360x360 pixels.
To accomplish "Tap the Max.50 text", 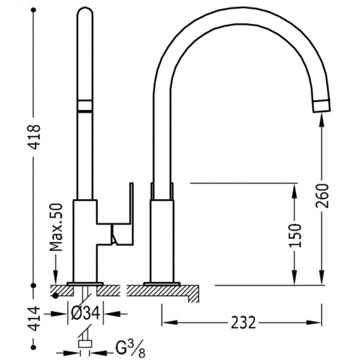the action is point(56,227).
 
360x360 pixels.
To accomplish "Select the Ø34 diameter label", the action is point(86,313).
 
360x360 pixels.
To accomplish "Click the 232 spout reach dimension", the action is point(243,322).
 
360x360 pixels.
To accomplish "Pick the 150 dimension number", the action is point(295,235).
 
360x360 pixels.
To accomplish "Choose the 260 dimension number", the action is point(322,196).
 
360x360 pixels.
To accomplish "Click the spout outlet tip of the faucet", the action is point(322,106).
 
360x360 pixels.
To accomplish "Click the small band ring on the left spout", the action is point(85,106).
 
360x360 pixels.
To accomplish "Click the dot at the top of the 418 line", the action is point(34,10).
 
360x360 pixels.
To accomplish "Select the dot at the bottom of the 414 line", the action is point(34,347).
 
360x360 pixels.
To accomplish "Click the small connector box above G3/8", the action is point(85,344).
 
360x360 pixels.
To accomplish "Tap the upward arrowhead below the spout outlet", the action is point(322,120).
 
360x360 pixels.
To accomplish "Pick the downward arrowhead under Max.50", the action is point(56,277).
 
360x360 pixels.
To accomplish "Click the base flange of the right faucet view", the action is point(162,284).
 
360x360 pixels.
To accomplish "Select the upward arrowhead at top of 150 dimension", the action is point(295,190).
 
